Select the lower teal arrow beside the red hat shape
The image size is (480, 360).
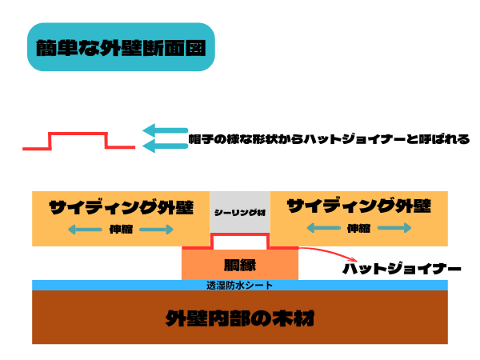164,145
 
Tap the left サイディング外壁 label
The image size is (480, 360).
121,206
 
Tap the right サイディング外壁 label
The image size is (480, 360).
359,206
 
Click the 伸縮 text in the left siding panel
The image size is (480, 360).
121,230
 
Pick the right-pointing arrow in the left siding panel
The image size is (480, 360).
159,230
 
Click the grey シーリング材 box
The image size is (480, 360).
240,212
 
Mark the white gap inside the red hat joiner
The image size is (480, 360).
239,241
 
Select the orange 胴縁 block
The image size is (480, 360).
240,264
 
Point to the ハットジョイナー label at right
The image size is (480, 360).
402,269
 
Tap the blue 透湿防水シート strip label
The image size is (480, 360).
240,285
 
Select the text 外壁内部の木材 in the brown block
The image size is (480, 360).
239,318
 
